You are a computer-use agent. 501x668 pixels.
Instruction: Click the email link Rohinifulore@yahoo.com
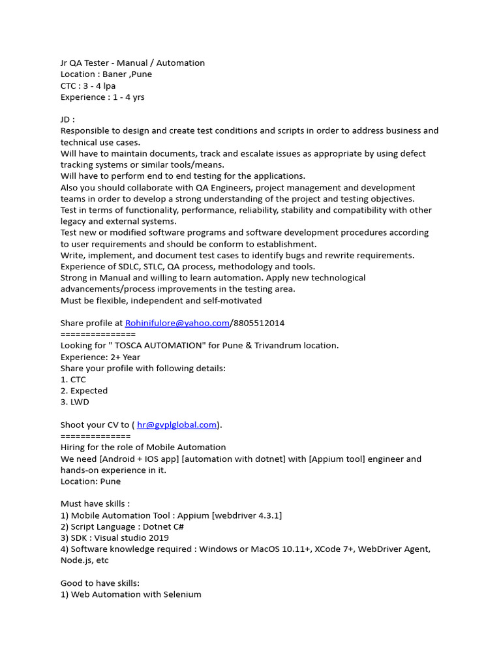177,323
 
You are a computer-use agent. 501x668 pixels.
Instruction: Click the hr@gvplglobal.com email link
176,425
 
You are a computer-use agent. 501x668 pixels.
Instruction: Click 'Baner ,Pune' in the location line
127,74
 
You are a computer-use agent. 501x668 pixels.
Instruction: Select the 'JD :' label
68,119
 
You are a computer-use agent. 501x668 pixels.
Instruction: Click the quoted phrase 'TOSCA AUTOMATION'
157,345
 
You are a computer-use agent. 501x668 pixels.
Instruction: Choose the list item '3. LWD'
74,402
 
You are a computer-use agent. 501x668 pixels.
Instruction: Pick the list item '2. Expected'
83,391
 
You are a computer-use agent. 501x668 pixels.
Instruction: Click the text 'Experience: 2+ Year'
100,357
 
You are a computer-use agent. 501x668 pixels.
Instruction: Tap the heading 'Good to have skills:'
100,583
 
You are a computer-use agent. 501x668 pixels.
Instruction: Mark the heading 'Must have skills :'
95,504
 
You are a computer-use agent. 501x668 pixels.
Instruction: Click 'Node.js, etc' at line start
85,560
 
